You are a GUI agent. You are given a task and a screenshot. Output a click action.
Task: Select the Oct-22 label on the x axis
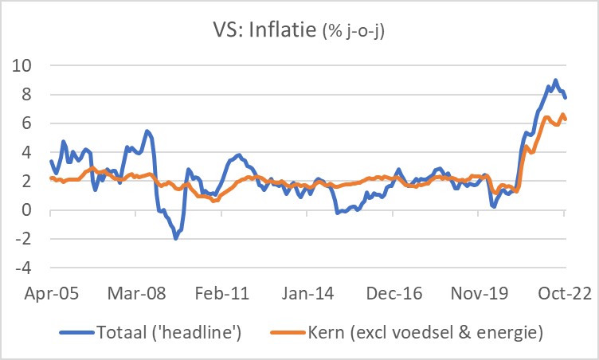564,292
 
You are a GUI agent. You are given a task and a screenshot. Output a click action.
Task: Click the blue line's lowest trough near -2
175,238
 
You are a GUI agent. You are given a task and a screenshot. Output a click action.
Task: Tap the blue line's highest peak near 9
555,80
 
